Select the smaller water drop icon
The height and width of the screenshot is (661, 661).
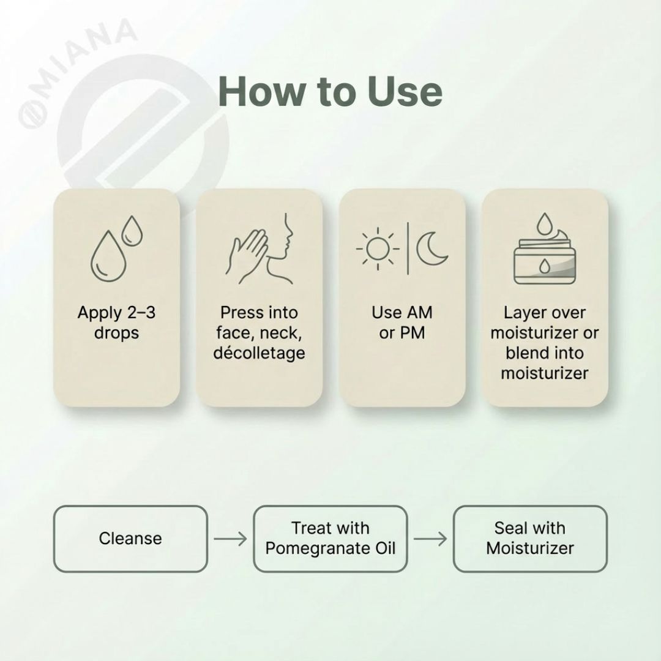131,231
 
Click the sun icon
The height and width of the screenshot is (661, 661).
378,250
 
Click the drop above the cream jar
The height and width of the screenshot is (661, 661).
543,224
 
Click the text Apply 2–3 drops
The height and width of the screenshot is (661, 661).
116,323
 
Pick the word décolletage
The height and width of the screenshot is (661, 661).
259,353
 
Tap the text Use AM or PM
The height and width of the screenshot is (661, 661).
401,323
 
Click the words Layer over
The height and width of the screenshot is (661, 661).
544,313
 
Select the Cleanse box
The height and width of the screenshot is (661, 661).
130,539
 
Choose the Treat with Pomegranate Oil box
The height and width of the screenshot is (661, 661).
330,539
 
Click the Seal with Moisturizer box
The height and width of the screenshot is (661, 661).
530,539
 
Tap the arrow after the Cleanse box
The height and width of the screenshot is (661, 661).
230,539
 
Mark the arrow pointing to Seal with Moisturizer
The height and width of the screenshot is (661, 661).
430,539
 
